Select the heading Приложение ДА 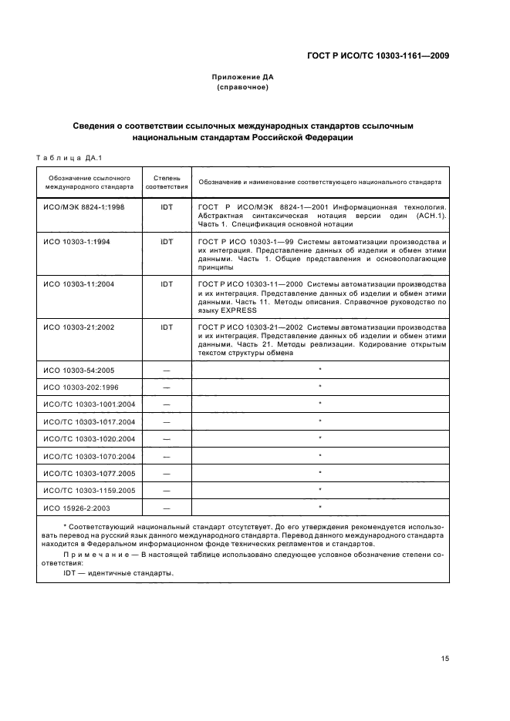pyautogui.click(x=242, y=77)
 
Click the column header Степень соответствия pyautogui.click(x=167, y=182)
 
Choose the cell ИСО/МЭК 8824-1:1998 pyautogui.click(x=84, y=208)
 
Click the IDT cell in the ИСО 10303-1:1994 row pyautogui.click(x=167, y=241)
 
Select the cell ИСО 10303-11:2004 pyautogui.click(x=79, y=283)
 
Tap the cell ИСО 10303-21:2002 pyautogui.click(x=79, y=327)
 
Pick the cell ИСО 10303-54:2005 pyautogui.click(x=79, y=371)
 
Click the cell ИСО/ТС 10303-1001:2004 pyautogui.click(x=90, y=404)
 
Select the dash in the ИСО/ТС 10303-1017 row pyautogui.click(x=167, y=421)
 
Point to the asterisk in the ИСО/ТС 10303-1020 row pyautogui.click(x=319, y=438)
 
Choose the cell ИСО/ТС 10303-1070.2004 pyautogui.click(x=90, y=456)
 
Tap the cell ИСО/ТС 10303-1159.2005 pyautogui.click(x=90, y=491)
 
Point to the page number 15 pyautogui.click(x=445, y=659)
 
